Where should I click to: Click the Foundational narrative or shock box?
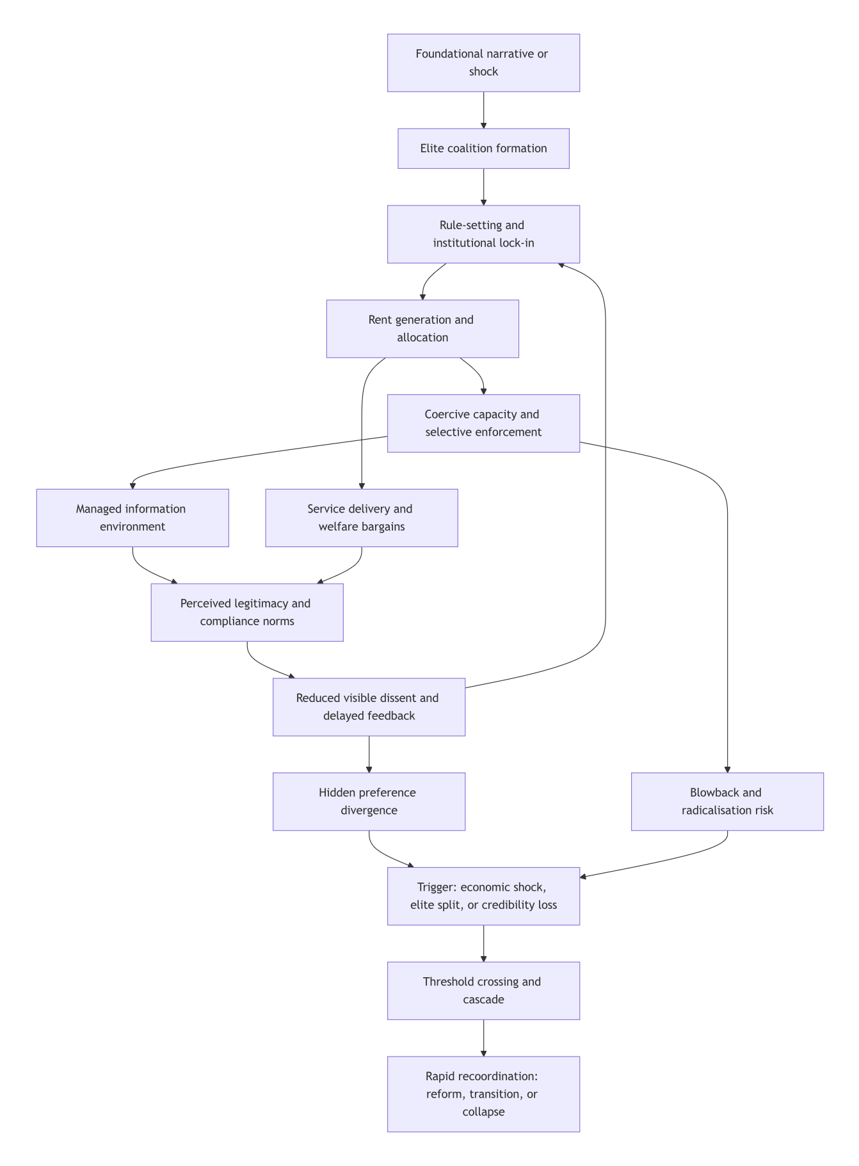tap(483, 63)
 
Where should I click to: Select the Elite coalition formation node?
tap(483, 148)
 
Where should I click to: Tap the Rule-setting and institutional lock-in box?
tap(483, 234)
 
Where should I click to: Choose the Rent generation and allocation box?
tap(422, 329)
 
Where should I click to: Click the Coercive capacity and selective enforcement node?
tap(483, 424)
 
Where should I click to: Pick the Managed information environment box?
tap(132, 518)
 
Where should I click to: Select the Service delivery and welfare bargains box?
tap(362, 518)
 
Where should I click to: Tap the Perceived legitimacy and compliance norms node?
tap(247, 612)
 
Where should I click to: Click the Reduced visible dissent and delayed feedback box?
tap(369, 707)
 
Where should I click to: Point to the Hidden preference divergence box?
tap(369, 802)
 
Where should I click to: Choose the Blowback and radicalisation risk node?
tap(727, 802)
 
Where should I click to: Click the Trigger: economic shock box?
tap(483, 896)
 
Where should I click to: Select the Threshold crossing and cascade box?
tap(483, 991)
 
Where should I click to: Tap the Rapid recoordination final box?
tap(483, 1094)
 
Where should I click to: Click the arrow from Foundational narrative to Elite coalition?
tap(483, 110)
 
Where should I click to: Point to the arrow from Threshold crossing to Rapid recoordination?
tap(483, 1038)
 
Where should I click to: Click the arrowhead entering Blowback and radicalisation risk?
tap(727, 769)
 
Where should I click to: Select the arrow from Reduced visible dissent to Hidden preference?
tap(369, 754)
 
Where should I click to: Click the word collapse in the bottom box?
tap(483, 1112)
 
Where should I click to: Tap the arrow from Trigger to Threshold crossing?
tap(483, 943)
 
